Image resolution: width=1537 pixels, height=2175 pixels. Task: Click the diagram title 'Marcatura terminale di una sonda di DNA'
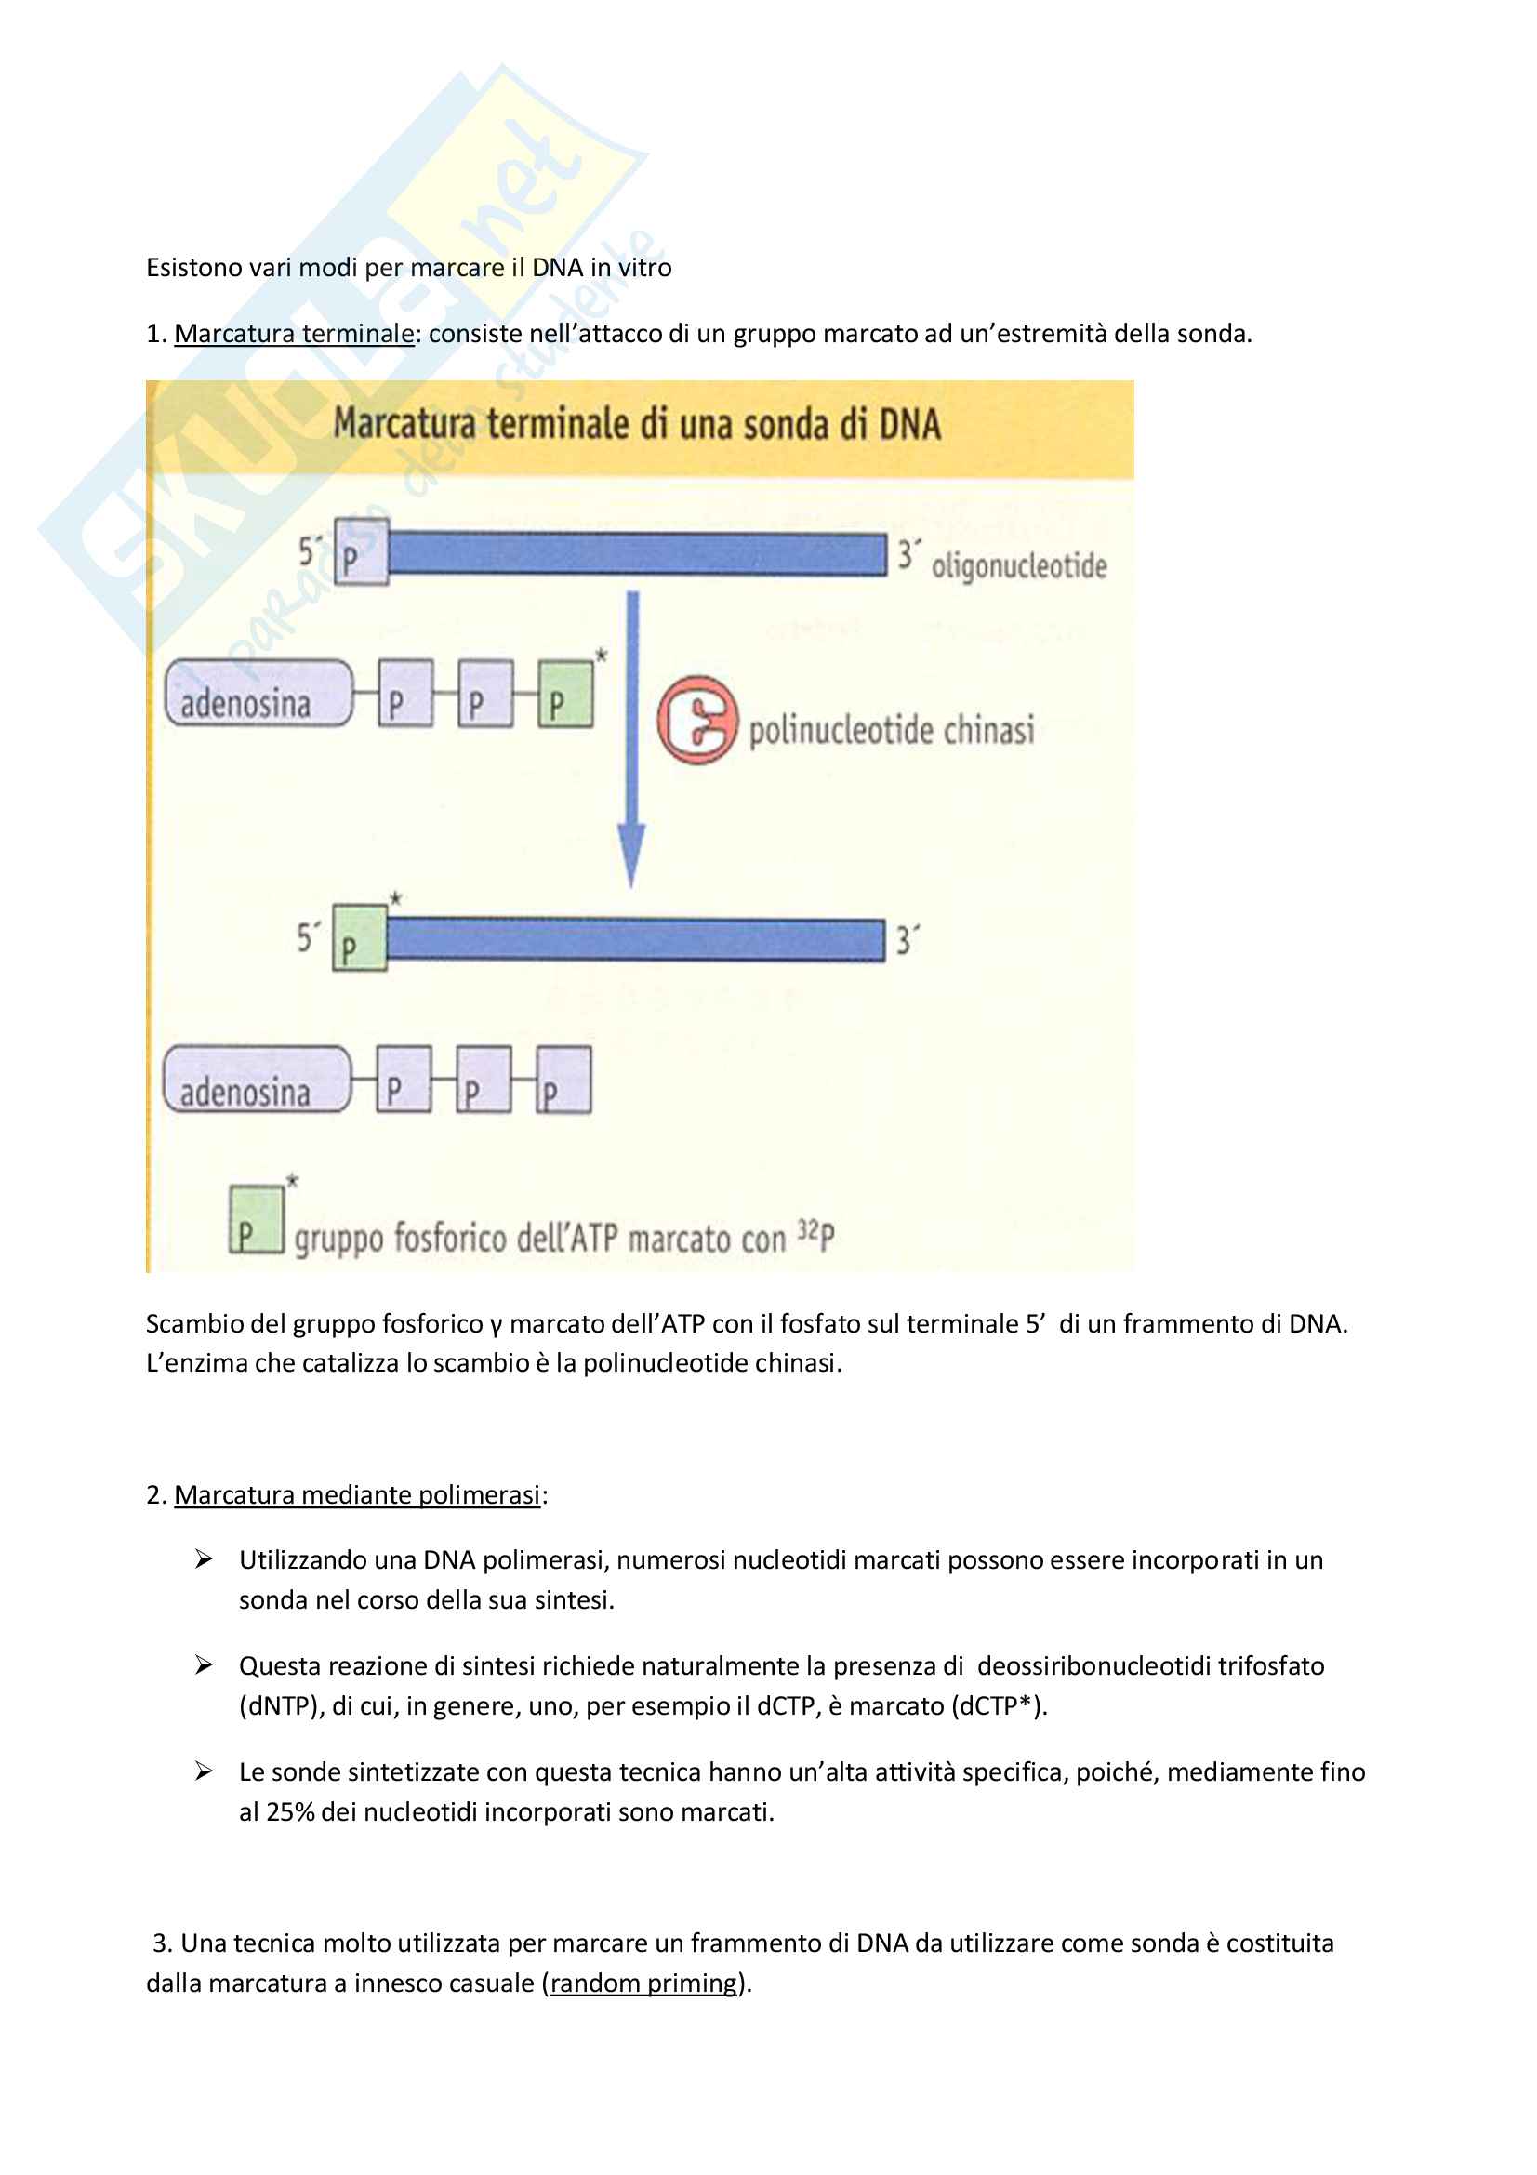tap(637, 423)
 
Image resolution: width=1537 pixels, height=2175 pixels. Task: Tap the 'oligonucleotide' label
tap(1019, 565)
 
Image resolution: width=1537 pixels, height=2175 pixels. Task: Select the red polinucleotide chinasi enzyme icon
tap(697, 720)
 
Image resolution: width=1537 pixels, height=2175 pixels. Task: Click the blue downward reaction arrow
tap(632, 740)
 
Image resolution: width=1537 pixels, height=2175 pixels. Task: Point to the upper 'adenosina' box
tap(258, 694)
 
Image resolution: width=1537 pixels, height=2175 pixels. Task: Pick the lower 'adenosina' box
tap(257, 1079)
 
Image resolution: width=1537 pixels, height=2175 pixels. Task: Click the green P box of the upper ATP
tap(566, 695)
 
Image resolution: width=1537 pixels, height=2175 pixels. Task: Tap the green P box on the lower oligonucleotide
tap(360, 938)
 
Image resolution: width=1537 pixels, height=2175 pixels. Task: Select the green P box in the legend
tap(257, 1219)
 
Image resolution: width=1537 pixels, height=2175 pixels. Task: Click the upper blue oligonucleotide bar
tap(637, 554)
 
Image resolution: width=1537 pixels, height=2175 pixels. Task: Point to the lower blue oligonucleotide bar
tap(635, 940)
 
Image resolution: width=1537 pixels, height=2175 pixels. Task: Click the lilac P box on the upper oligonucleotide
tap(362, 552)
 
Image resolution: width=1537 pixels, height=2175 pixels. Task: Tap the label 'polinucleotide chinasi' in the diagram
tap(891, 729)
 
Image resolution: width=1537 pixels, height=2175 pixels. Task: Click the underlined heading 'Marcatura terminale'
tap(295, 334)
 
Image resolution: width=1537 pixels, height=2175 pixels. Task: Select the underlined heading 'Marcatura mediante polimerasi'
tap(357, 1495)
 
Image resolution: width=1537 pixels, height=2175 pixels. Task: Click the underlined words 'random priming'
tap(644, 1983)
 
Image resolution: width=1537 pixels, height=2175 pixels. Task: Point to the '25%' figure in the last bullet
tap(290, 1812)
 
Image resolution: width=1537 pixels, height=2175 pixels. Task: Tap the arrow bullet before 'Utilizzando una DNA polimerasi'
tap(204, 1559)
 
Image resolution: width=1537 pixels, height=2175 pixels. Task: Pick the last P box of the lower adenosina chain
tap(564, 1080)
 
